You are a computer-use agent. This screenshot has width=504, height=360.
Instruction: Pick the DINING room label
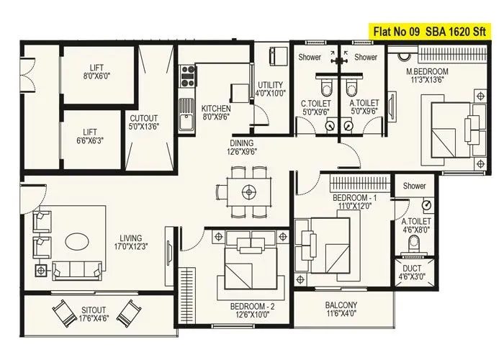tap(242, 147)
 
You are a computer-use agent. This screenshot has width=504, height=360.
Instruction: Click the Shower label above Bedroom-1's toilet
tap(415, 186)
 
